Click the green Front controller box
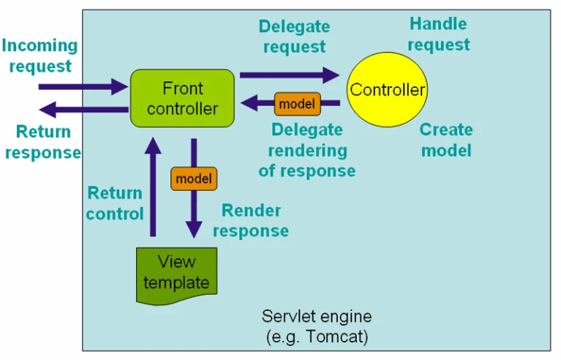tap(182, 98)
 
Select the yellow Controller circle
tap(387, 90)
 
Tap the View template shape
tap(176, 274)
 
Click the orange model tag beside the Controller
tap(297, 104)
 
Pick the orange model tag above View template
tap(194, 179)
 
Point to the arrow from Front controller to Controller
tap(289, 74)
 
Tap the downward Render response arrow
tap(194, 212)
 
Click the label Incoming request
tap(39, 56)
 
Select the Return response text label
tap(42, 142)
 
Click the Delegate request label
tap(294, 37)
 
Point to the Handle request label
tap(438, 34)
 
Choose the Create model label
tap(445, 140)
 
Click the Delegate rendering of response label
tap(306, 150)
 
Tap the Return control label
tap(115, 203)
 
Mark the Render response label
tap(255, 221)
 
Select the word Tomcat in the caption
tap(341, 337)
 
